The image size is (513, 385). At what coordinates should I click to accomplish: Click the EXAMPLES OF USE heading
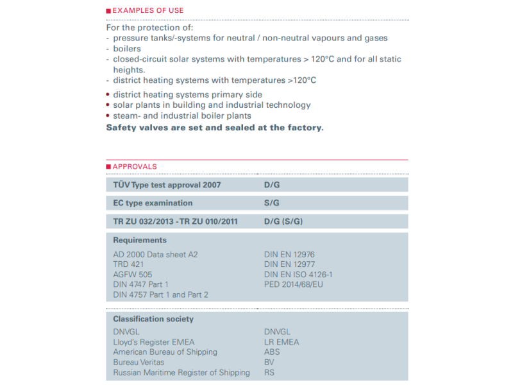click(147, 10)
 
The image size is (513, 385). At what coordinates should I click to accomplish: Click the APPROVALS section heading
click(135, 167)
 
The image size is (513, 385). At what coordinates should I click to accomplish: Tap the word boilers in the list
click(127, 49)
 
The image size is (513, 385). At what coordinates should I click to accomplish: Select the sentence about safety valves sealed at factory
click(215, 127)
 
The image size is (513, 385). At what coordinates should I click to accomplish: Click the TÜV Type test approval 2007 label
click(167, 185)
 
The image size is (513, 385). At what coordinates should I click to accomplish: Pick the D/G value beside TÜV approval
click(273, 185)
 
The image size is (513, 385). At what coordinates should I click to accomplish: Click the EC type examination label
click(153, 203)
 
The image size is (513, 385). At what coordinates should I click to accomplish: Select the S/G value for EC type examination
click(272, 203)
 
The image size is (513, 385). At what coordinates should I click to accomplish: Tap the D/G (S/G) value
click(283, 222)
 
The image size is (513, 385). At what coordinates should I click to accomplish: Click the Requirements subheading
click(140, 240)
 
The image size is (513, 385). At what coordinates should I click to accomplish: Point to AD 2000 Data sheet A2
click(155, 255)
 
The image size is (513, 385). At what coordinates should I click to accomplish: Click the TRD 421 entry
click(128, 264)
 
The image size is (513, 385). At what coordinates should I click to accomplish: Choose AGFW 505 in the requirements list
click(132, 275)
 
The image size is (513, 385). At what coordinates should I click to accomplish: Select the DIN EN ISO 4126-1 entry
click(298, 275)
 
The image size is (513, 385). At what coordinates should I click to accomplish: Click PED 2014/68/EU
click(294, 284)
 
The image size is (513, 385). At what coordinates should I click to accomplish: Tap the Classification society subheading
click(153, 319)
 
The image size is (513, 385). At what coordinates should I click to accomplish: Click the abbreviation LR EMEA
click(282, 342)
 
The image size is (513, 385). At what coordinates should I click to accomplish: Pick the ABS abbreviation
click(272, 352)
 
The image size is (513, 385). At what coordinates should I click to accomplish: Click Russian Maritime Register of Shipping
click(181, 373)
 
